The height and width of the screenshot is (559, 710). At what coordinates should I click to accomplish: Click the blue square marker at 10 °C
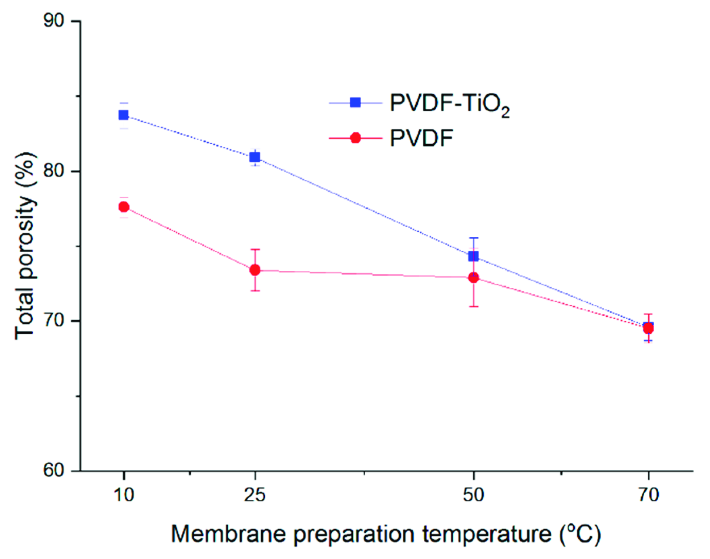pos(124,115)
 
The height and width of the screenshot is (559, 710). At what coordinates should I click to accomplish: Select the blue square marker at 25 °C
pos(255,157)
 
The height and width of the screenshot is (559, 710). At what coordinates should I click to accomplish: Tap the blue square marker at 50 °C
pos(474,256)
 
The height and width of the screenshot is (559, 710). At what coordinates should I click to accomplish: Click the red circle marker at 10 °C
pos(124,207)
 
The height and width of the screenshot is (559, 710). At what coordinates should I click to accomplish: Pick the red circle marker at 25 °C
pos(255,270)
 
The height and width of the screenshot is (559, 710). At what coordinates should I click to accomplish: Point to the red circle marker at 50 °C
pos(474,278)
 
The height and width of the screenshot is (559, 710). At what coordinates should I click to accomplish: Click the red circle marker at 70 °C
pos(648,329)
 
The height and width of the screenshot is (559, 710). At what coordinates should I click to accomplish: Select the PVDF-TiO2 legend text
pos(449,104)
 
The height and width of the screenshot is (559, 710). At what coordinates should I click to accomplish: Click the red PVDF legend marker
pos(356,138)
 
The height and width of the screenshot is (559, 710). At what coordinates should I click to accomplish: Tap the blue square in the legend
pos(356,103)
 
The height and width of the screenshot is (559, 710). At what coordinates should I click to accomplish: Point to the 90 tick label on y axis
pos(54,21)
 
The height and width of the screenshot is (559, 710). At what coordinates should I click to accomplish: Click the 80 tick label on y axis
pos(54,171)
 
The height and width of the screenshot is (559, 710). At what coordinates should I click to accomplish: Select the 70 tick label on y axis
pos(54,321)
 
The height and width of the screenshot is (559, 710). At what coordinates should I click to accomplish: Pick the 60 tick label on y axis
pos(54,471)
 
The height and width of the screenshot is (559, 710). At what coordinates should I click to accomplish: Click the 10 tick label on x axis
pos(124,495)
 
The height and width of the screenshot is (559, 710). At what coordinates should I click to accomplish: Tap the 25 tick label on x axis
pos(255,495)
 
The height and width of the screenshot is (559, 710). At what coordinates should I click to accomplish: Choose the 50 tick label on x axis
pos(474,495)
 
